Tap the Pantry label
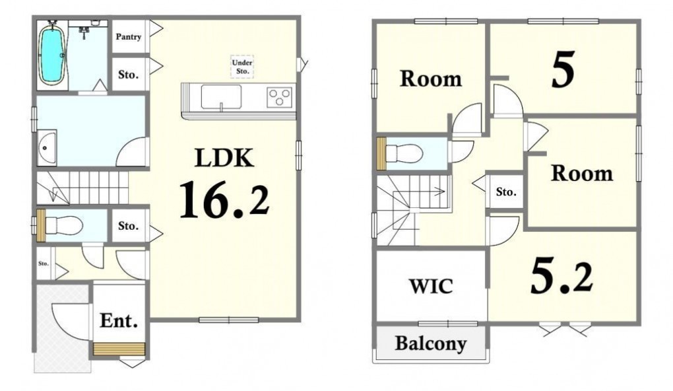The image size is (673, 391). [x=129, y=37]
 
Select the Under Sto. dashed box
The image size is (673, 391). [x=242, y=67]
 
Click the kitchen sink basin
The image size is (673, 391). [x=221, y=96]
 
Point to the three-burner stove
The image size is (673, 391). [x=279, y=96]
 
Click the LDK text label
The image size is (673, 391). [x=224, y=157]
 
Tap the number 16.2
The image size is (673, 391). [x=224, y=199]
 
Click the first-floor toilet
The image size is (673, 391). [x=63, y=225]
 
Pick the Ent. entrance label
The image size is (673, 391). [x=119, y=320]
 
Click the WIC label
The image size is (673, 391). [x=430, y=286]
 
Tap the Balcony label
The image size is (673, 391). [x=430, y=343]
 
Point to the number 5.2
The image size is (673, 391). [x=562, y=277]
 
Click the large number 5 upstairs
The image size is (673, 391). [x=563, y=69]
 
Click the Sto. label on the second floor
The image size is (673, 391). [x=506, y=192]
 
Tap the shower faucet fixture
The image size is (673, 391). [x=84, y=31]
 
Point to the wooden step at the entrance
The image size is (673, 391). [x=119, y=349]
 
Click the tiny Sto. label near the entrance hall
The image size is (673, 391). [x=44, y=264]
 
